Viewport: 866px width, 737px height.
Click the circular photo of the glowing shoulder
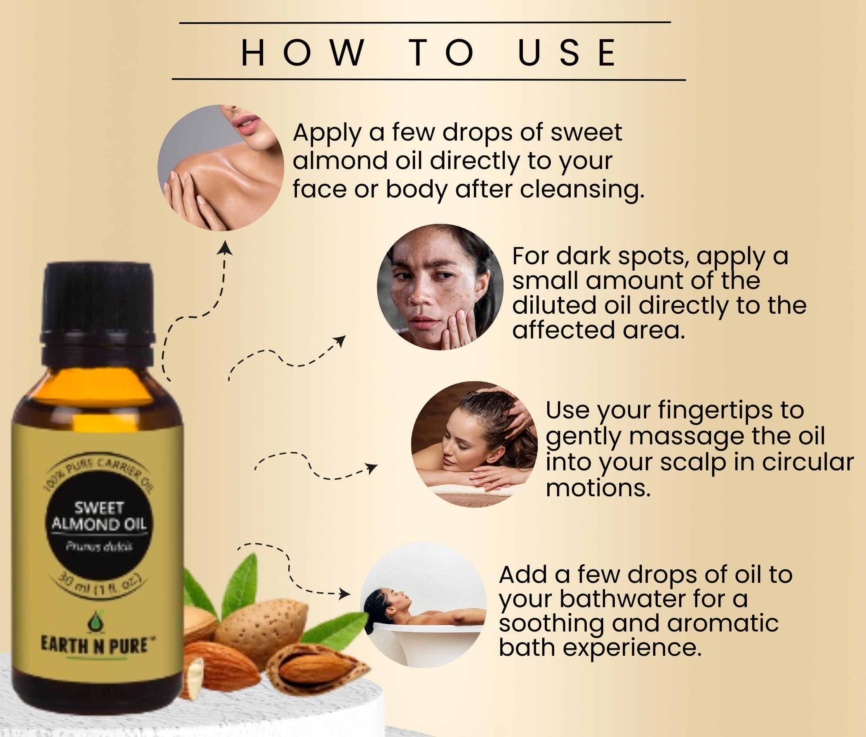[x=221, y=167]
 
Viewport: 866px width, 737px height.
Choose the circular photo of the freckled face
[x=440, y=287]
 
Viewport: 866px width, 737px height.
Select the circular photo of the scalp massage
[x=474, y=444]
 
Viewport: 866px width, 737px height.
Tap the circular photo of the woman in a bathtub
[x=423, y=605]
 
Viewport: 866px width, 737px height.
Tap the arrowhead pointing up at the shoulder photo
[x=225, y=247]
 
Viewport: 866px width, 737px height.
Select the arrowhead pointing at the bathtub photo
[x=345, y=593]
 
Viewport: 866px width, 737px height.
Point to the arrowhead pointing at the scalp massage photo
[x=371, y=468]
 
